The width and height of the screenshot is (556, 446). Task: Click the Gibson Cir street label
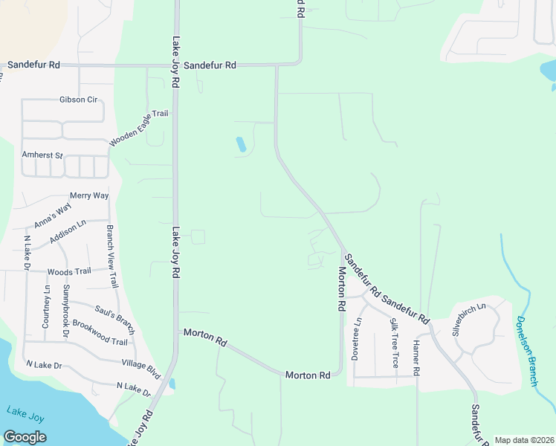80,100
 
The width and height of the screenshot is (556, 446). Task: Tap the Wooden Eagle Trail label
139,128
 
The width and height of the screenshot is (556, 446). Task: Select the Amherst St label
43,155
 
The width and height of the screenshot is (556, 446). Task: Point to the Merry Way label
89,195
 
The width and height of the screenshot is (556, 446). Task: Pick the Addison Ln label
68,231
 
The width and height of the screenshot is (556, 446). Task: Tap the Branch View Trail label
112,256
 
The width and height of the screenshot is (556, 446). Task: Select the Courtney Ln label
46,306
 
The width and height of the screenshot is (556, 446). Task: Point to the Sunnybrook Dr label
65,311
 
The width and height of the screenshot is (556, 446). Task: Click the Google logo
25,437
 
